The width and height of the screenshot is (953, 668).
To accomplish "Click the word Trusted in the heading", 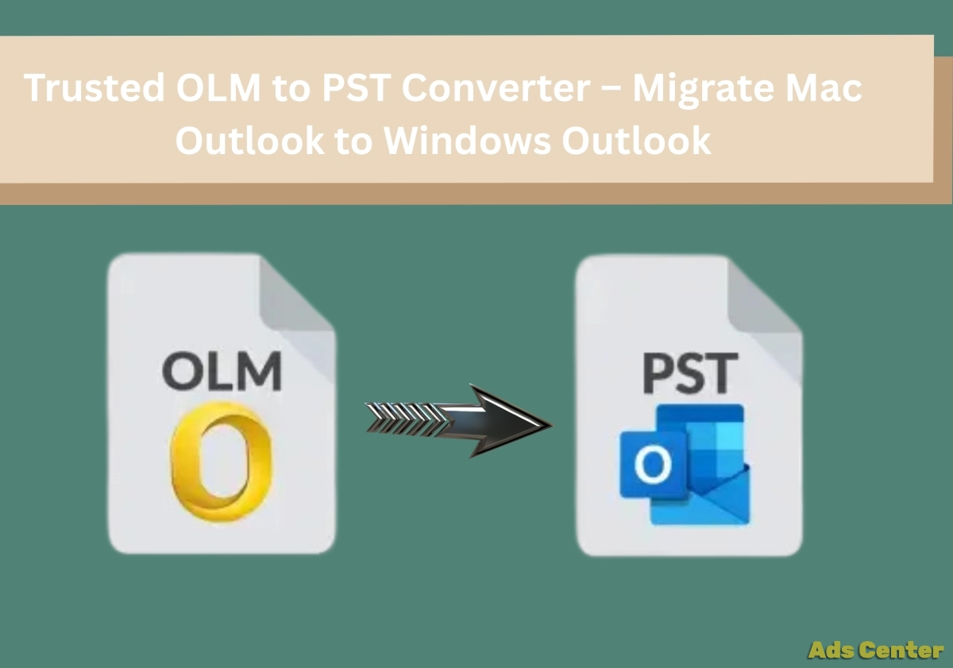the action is [x=94, y=87].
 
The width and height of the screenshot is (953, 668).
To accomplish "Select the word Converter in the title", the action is [x=496, y=87].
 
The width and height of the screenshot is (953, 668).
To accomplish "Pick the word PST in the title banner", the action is [x=357, y=87].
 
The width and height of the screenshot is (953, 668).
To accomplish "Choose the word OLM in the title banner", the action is [x=218, y=87].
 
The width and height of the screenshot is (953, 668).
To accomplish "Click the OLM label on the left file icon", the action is [x=222, y=371].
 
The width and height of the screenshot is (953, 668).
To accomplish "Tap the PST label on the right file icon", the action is [x=689, y=373].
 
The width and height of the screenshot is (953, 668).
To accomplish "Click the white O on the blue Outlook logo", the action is [x=653, y=465].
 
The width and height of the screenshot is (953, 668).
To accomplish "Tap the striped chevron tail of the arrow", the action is [x=407, y=419].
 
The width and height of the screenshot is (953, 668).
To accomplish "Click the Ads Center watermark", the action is [x=875, y=651].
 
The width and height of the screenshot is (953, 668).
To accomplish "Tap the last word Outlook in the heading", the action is [x=636, y=140].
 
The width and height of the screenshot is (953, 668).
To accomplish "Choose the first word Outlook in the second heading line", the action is [x=249, y=140].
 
